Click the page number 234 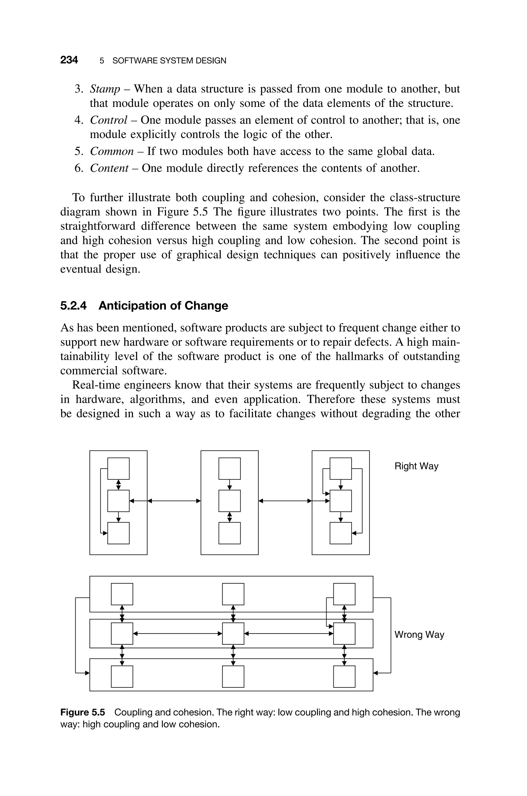[x=69, y=60]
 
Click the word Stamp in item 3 [x=105, y=89]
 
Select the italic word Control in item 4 [x=109, y=120]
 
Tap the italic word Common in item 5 [x=112, y=151]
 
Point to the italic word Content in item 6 [x=109, y=168]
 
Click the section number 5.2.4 [x=73, y=306]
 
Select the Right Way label [x=416, y=466]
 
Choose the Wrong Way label [x=419, y=635]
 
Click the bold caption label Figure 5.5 [x=82, y=712]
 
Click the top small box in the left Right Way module [x=118, y=468]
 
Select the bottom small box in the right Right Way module [x=340, y=533]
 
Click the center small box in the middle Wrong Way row [x=233, y=634]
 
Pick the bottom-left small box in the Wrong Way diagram [x=122, y=677]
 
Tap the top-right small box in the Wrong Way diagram [x=344, y=594]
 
